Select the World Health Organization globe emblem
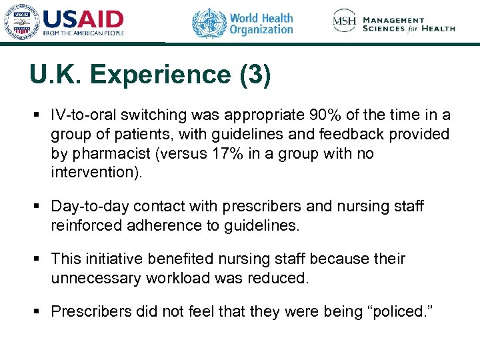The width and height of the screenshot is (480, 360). tap(209, 23)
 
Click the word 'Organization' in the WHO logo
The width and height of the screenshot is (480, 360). tap(261, 30)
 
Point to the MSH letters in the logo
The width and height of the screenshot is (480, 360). tap(345, 21)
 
